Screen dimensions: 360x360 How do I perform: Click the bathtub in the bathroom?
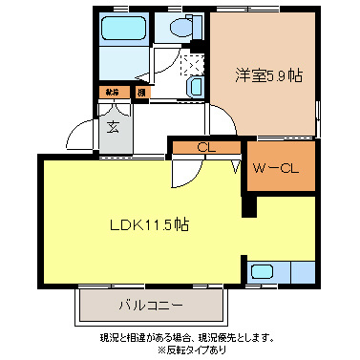[x=121, y=30]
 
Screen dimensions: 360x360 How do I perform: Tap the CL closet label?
[x=204, y=147]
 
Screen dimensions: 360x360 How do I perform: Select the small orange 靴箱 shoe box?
[x=113, y=93]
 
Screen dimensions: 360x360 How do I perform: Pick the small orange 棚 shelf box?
[x=140, y=93]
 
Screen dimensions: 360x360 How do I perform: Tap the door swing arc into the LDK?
[x=186, y=173]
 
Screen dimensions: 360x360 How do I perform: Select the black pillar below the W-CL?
[x=250, y=202]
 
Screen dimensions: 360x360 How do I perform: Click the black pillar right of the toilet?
[x=204, y=32]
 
